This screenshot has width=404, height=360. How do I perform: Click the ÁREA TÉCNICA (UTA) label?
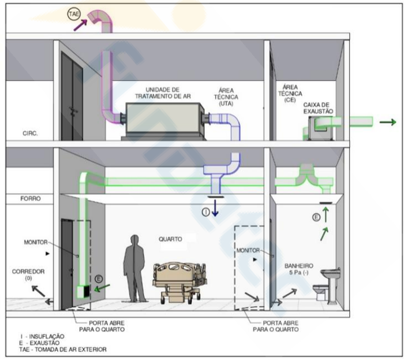227,95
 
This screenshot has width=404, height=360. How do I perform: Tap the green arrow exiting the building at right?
387,122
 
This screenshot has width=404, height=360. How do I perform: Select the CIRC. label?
29,132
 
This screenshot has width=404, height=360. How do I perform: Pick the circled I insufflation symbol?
205,212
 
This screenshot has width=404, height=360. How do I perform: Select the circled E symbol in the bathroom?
316,217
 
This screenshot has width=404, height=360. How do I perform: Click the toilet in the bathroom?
319,291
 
